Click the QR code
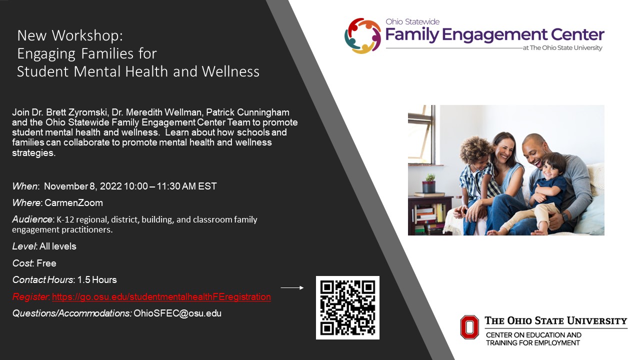[x=347, y=307]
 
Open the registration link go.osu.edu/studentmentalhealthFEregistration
[x=161, y=297]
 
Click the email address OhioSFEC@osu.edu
[x=177, y=313]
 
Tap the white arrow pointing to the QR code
[x=292, y=288]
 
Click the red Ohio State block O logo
[x=469, y=326]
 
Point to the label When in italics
[x=25, y=186]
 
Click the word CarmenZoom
[x=73, y=203]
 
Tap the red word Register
[x=29, y=297]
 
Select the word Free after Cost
[x=46, y=263]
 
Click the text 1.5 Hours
[x=97, y=280]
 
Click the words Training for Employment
[x=533, y=343]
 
